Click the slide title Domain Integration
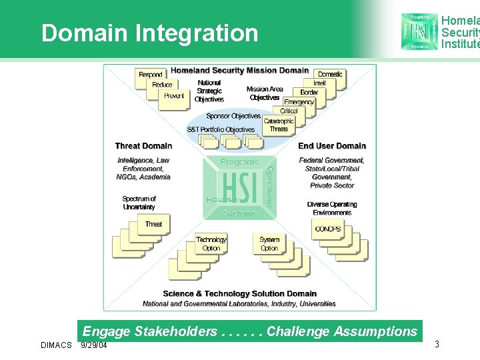click(149, 33)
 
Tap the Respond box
click(151, 75)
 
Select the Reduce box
click(162, 85)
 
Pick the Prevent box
click(174, 96)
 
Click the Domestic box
click(330, 74)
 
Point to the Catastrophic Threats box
click(279, 125)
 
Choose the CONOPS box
click(327, 229)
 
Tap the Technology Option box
click(211, 243)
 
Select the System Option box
click(269, 243)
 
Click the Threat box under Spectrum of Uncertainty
click(153, 224)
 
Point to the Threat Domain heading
click(143, 146)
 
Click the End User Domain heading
click(332, 146)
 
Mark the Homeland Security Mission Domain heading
click(240, 70)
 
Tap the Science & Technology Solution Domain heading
click(239, 293)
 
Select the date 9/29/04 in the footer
click(94, 345)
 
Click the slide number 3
click(437, 344)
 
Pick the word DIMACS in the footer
click(56, 345)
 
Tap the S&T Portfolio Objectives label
click(221, 129)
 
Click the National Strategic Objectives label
click(209, 91)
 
